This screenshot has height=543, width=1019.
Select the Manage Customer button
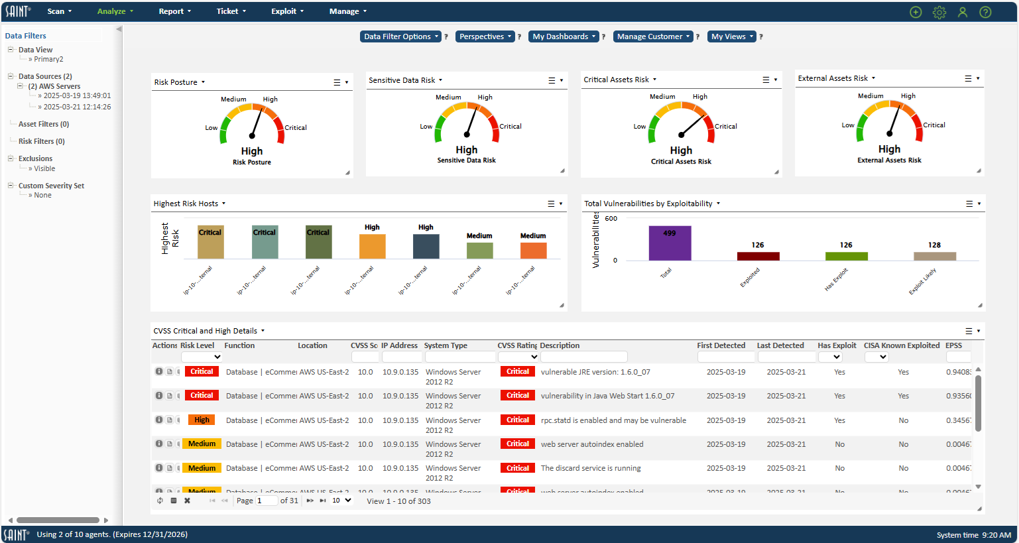653,36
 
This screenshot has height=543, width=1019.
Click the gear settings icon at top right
939,12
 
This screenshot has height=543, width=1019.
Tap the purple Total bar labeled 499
670,243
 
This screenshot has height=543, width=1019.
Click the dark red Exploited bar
758,256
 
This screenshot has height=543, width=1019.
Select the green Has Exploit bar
846,256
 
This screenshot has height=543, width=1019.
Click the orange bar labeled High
372,246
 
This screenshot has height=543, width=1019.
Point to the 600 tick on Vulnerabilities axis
611,218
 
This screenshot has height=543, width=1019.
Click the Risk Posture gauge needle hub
252,135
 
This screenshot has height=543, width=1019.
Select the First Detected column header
721,345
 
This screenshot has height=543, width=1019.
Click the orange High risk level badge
202,420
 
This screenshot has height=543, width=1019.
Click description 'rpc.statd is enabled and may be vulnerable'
613,420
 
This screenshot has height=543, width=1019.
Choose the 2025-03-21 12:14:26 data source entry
77,107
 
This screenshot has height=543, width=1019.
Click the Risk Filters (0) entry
41,141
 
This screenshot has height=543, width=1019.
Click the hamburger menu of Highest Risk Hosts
551,204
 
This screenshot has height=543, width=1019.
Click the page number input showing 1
266,501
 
